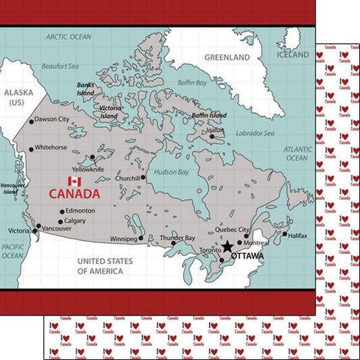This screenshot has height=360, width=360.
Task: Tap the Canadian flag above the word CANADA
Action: click(74, 181)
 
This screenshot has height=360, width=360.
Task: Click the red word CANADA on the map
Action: click(74, 194)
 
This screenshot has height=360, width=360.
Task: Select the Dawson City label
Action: click(52, 120)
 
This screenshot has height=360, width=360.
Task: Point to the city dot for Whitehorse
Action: click(30, 147)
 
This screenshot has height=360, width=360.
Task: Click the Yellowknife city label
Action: click(88, 170)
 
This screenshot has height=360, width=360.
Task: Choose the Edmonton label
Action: click(80, 211)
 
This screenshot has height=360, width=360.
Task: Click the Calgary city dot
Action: click(61, 222)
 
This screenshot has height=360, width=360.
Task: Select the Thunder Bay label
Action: click(177, 238)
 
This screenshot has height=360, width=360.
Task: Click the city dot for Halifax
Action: click(284, 235)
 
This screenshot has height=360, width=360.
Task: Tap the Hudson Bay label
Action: click(172, 172)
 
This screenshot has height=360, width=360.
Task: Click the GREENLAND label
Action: click(223, 57)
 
